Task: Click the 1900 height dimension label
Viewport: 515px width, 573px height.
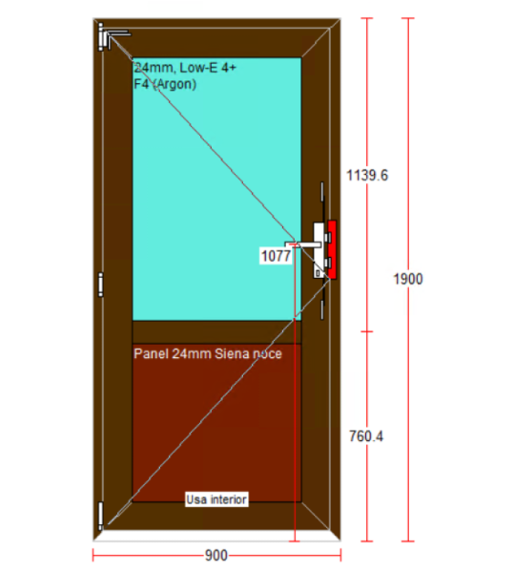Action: pos(408,279)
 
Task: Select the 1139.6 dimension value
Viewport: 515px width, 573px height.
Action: pos(367,176)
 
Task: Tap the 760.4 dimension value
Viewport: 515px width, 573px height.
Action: pos(366,436)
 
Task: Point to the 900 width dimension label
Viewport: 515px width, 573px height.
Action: pos(216,556)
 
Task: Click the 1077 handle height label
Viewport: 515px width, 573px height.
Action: pos(277,256)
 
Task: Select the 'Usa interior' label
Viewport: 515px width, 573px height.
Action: pos(216,499)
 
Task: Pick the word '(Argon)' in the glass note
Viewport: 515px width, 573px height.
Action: pos(175,84)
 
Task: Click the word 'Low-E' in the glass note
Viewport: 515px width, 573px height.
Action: pos(198,68)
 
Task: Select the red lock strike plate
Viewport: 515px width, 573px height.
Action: pos(332,249)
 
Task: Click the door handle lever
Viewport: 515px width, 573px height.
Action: pos(303,244)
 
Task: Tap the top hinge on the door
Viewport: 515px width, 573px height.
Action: pos(102,36)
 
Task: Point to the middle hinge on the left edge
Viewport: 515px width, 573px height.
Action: pos(101,285)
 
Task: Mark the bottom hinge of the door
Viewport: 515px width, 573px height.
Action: pos(100,516)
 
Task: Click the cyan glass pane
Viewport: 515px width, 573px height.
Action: pos(216,189)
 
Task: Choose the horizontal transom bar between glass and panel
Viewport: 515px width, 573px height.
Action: pos(216,332)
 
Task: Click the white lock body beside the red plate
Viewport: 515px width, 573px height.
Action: pos(319,250)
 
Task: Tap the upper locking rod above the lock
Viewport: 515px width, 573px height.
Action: pos(322,192)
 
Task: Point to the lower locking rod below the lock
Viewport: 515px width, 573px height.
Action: pos(322,309)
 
